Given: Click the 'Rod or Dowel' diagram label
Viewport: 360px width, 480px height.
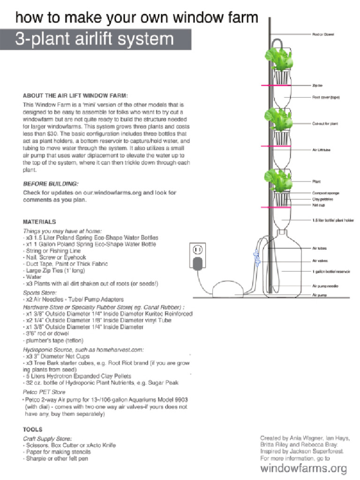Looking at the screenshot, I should point(323,34).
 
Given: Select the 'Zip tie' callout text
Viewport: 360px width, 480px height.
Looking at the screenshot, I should point(317,85).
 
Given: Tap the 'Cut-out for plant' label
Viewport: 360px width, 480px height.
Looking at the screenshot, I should point(325,124).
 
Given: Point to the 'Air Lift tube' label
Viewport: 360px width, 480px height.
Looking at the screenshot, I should point(322,150).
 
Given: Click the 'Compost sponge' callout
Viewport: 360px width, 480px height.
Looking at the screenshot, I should point(326,193).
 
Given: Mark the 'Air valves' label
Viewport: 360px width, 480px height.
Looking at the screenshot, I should point(320,261).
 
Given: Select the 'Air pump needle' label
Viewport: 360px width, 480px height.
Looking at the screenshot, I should point(325,285).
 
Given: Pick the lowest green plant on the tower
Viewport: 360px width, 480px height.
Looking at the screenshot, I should point(280,181).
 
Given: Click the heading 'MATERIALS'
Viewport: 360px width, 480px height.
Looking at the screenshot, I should point(39,222).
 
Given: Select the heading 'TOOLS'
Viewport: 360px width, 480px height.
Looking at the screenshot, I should point(33,429).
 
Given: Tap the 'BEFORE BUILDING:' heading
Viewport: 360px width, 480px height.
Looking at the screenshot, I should point(51,184).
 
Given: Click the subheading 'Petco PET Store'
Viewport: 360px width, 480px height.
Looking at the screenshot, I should point(45,391).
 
